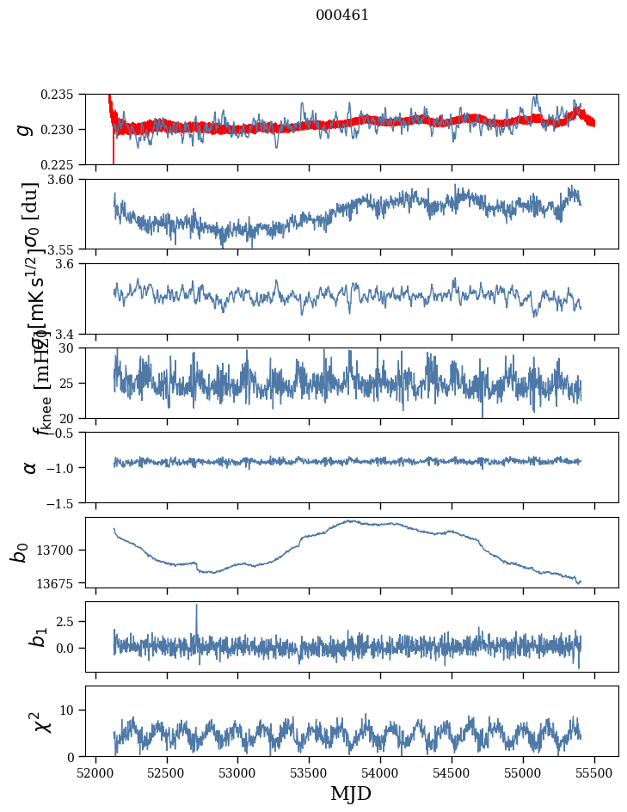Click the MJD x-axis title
351,794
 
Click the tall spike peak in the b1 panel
196,605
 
